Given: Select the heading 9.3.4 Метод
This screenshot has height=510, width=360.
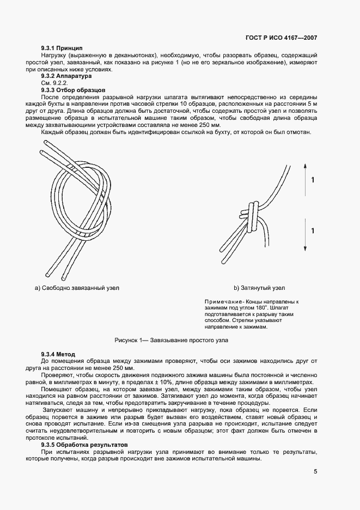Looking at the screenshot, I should pos(58,354).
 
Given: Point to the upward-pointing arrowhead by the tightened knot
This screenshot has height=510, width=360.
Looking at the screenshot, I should pos(304,164).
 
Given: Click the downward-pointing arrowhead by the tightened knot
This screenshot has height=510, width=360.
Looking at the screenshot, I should pos(304,248).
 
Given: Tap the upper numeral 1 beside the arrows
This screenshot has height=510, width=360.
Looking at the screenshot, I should pos(312,180).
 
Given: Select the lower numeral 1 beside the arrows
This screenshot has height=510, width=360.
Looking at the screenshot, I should pos(312,231).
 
